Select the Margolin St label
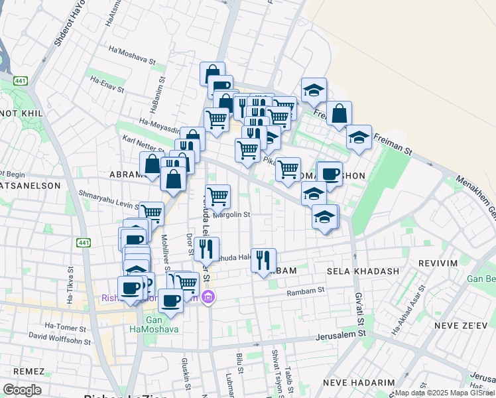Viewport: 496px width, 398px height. tap(230, 214)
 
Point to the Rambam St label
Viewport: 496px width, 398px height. tap(305, 291)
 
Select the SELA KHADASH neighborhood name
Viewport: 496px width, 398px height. tap(363, 271)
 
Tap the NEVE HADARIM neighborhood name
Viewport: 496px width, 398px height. tap(353, 383)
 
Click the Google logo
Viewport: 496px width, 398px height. tap(22, 390)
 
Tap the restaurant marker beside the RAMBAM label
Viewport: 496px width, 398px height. tap(264, 260)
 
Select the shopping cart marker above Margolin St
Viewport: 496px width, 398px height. tap(218, 196)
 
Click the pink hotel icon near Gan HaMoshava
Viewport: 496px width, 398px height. tap(208, 297)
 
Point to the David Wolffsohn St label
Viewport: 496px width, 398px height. tap(57, 337)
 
